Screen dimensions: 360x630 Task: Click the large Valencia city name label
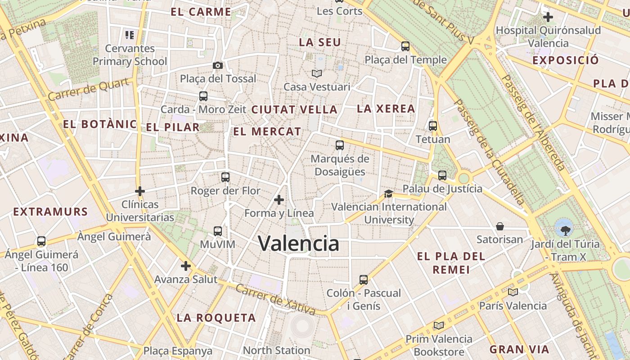[x=299, y=243]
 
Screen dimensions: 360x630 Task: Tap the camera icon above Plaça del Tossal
[x=218, y=66]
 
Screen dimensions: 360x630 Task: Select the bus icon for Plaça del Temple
[x=405, y=46]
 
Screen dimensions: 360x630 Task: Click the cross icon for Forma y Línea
[x=279, y=199]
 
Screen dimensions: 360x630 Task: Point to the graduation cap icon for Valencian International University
[x=388, y=193]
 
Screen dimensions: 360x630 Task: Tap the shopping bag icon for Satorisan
[x=500, y=226]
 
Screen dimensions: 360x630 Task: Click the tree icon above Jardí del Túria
[x=564, y=228]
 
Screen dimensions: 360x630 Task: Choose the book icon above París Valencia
[x=513, y=292]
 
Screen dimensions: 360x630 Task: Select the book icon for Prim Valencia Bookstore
[x=439, y=325]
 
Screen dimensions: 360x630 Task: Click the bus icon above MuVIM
[x=218, y=231]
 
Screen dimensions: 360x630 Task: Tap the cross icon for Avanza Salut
[x=186, y=266]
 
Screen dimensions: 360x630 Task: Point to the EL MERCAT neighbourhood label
[x=267, y=132]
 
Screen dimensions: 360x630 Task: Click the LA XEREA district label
[x=386, y=108]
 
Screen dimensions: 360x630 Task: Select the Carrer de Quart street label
[x=91, y=90]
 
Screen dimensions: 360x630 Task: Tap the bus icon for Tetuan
[x=433, y=126]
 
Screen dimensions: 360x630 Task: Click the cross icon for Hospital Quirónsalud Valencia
[x=548, y=18]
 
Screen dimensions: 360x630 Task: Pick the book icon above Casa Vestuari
[x=317, y=73]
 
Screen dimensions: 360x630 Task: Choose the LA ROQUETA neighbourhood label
[x=216, y=318]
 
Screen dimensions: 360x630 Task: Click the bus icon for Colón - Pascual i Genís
[x=364, y=280]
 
